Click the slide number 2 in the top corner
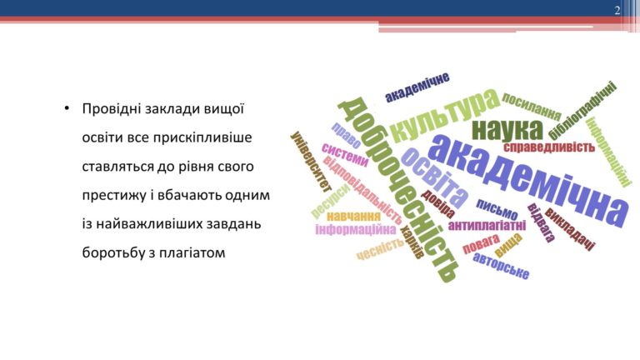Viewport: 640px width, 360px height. (617, 11)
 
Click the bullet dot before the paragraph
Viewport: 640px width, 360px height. (67, 109)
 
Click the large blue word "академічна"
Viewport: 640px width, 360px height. (527, 180)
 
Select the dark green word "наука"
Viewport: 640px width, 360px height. (507, 130)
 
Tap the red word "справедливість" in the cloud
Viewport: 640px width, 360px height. (548, 147)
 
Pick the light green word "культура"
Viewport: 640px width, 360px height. (445, 115)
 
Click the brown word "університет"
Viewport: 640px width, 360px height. (311, 162)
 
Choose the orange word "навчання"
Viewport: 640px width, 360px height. (353, 216)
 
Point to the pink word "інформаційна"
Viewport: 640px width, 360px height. (356, 230)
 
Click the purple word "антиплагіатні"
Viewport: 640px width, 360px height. (487, 225)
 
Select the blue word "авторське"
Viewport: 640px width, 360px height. (501, 266)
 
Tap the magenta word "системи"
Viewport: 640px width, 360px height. (345, 155)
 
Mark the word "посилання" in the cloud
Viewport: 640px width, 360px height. (532, 107)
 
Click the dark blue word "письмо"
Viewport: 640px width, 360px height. (497, 209)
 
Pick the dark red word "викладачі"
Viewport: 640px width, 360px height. (570, 228)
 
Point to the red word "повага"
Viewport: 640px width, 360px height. (481, 243)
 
